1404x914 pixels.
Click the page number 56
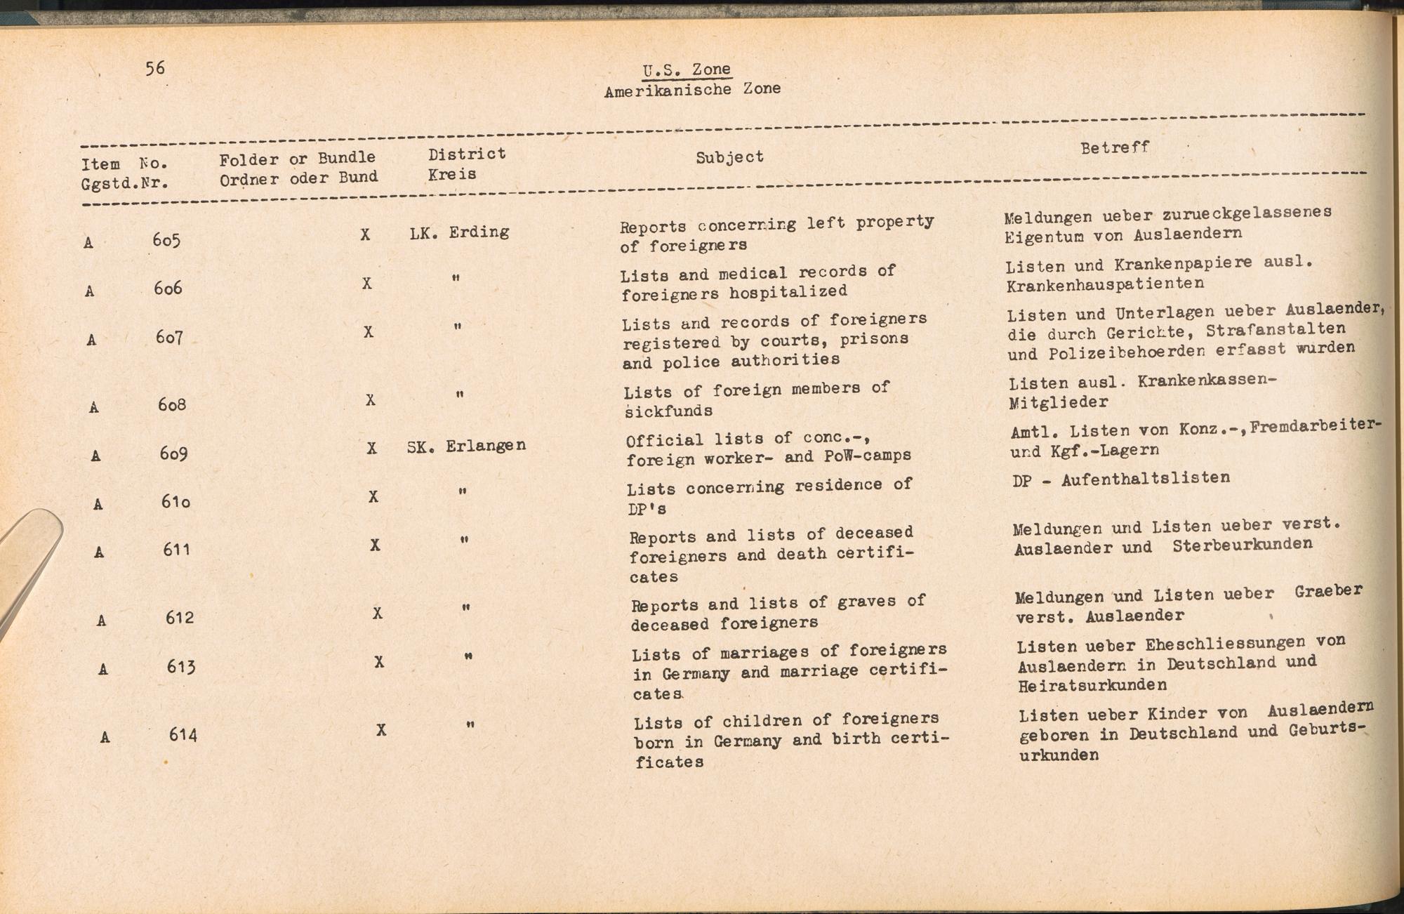(155, 68)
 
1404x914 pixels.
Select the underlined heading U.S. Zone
(687, 69)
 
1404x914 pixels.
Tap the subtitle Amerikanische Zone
(692, 90)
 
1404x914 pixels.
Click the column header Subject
(729, 157)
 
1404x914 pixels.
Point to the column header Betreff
(1115, 147)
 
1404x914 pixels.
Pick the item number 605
(167, 240)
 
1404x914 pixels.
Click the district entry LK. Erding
(459, 232)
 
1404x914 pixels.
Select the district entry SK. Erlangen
(466, 446)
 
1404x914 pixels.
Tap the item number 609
(173, 453)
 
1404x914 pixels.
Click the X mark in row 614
(381, 730)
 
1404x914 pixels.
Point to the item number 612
(180, 618)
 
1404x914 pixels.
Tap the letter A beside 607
(91, 340)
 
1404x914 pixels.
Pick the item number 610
(175, 502)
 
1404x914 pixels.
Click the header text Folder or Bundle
(297, 159)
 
